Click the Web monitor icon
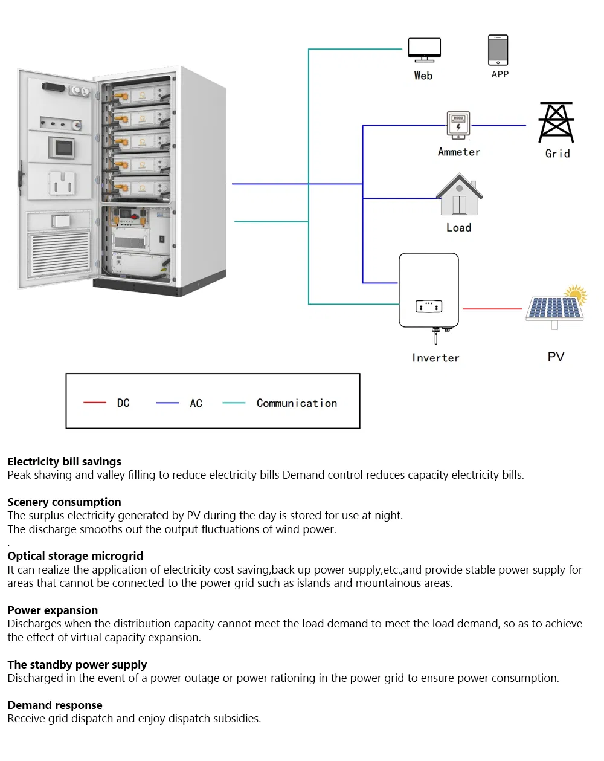[x=424, y=50]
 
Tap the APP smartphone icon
[x=498, y=50]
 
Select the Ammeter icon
[x=458, y=125]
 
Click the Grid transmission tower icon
[x=556, y=123]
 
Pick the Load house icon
[x=460, y=195]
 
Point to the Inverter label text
[x=435, y=358]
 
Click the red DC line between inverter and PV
[x=492, y=309]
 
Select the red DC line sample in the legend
[x=95, y=403]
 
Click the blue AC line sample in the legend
[x=167, y=403]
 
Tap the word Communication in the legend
[x=297, y=403]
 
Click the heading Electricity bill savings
[x=64, y=462]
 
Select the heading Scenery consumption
[x=64, y=502]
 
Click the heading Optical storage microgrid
[x=75, y=556]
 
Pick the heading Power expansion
[x=53, y=610]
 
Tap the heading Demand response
[x=55, y=705]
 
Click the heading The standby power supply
[x=77, y=665]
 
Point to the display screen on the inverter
[x=429, y=306]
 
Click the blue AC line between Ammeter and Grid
[x=498, y=125]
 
